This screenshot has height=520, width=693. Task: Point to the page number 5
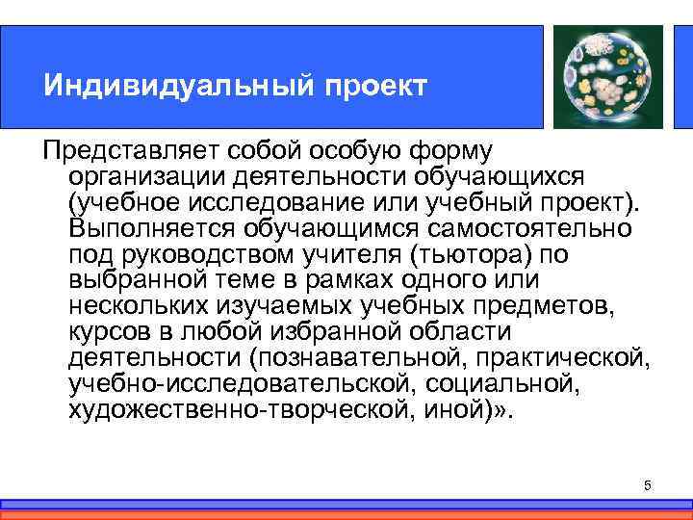[648, 484]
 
